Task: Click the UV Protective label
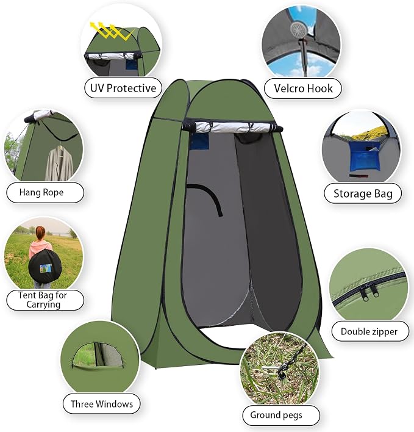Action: click(x=123, y=88)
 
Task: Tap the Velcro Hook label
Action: click(x=303, y=88)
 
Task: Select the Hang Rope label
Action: click(x=41, y=192)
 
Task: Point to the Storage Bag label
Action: click(x=363, y=193)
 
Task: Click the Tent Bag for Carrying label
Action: click(x=43, y=300)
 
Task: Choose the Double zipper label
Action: click(x=369, y=331)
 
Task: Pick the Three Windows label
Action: click(x=102, y=404)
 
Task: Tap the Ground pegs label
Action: click(x=276, y=415)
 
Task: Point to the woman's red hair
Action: click(x=40, y=233)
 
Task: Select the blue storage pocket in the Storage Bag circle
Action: click(x=364, y=156)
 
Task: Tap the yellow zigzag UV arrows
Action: click(x=111, y=31)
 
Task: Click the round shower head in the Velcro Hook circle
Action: click(x=298, y=29)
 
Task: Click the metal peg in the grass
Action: click(x=273, y=369)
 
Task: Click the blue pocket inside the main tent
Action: click(x=199, y=141)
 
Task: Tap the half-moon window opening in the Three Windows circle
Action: click(x=98, y=355)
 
